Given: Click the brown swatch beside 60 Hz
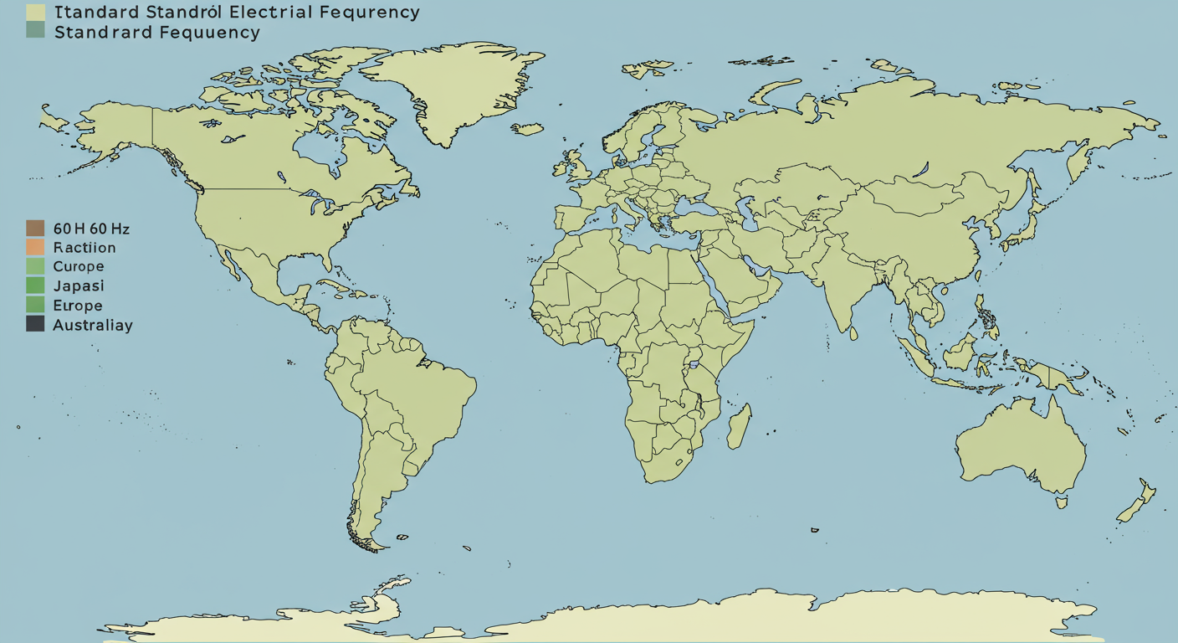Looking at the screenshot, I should coord(35,228).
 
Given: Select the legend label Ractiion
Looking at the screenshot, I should coord(85,248).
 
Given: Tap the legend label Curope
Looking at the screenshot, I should coord(79,266).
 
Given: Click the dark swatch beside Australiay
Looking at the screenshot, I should coord(35,324).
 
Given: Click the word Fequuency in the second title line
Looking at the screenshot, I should coord(210,33).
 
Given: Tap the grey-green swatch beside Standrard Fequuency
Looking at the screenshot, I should coord(35,32).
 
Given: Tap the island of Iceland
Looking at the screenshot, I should coord(528,129).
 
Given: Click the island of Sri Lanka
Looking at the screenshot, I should coord(853,332).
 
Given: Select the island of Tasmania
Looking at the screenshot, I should coord(1062,502).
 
